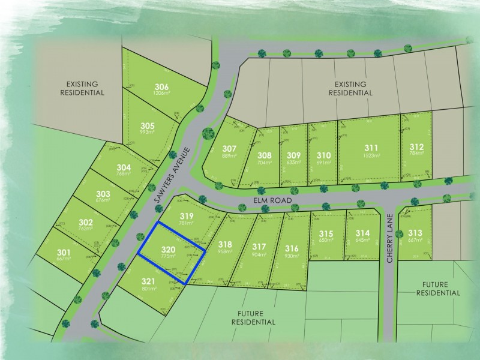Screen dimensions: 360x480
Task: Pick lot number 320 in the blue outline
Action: (x=169, y=249)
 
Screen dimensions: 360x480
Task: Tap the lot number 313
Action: (x=415, y=233)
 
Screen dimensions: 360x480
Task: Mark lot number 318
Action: (x=225, y=244)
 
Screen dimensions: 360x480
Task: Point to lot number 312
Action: (x=417, y=148)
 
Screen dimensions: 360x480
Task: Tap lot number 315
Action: (x=326, y=233)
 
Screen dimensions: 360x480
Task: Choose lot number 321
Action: (x=149, y=281)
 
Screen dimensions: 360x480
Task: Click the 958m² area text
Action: (x=225, y=252)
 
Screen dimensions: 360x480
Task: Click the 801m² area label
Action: (x=149, y=289)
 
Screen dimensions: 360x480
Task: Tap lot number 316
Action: (x=292, y=248)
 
